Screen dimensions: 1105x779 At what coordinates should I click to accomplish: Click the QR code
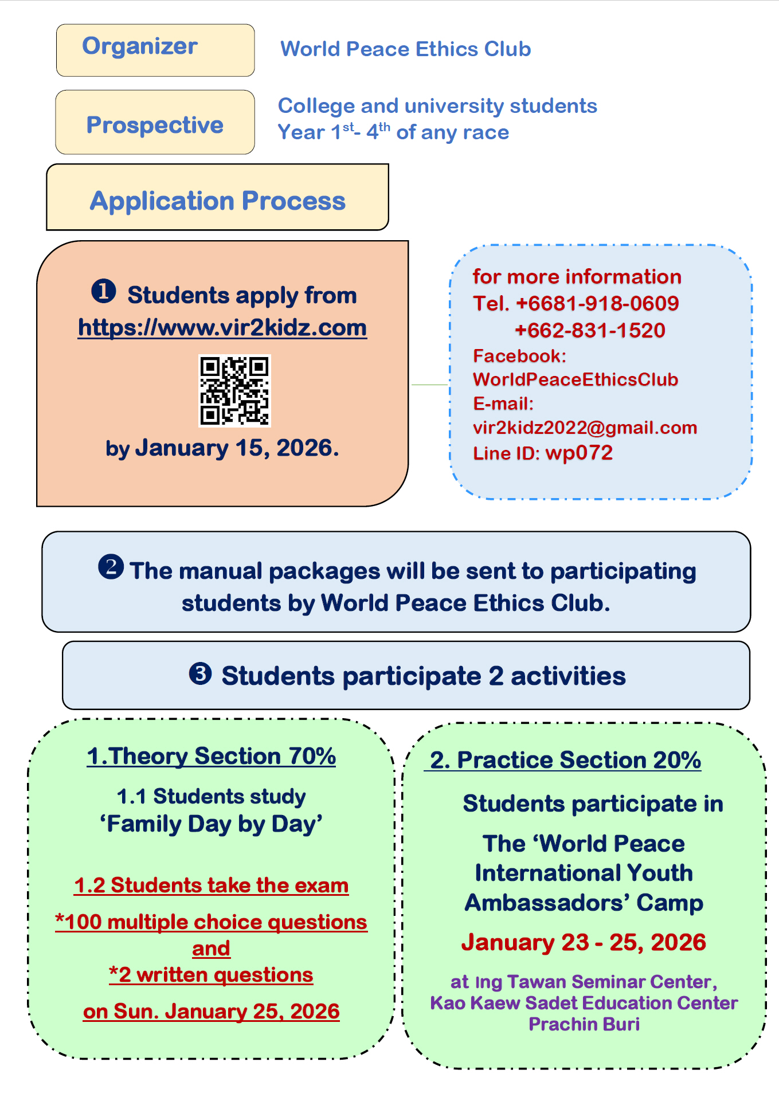[234, 391]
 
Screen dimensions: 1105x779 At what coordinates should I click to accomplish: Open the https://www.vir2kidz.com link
[222, 328]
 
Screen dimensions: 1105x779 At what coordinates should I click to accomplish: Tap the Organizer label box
[155, 50]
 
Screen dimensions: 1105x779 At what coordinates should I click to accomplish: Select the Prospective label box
[155, 122]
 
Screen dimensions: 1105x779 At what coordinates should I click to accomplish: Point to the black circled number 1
[104, 291]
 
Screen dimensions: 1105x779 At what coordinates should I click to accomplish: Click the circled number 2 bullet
[111, 567]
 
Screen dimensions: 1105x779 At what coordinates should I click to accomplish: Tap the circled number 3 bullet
[200, 673]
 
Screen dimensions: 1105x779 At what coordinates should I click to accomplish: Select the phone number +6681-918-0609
[597, 303]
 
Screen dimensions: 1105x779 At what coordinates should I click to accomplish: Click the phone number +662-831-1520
[590, 330]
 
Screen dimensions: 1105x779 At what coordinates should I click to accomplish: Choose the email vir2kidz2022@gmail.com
[585, 428]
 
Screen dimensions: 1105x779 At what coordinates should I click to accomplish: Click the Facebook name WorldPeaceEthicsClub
[576, 379]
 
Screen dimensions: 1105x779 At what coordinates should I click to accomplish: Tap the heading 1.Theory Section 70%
[211, 756]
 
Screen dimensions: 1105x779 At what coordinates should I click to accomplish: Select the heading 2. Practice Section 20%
[565, 760]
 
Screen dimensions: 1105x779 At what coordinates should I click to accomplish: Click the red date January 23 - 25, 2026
[584, 942]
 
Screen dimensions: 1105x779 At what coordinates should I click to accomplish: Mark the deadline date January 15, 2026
[236, 448]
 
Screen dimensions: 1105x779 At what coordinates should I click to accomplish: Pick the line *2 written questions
[211, 974]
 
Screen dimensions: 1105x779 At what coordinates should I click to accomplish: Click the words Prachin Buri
[584, 1024]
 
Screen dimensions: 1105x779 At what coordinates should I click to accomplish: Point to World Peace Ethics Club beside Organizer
[405, 49]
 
